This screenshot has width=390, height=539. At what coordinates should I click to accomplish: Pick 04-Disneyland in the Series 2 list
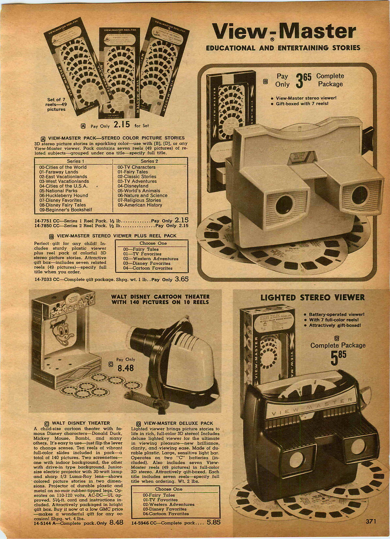coord(133,186)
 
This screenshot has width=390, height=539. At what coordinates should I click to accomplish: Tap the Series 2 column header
coord(150,161)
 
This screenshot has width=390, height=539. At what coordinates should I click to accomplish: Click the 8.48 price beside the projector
coord(125,368)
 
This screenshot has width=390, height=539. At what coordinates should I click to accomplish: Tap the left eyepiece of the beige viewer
coord(283,203)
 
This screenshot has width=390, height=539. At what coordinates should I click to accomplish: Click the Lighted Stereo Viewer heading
coord(312,297)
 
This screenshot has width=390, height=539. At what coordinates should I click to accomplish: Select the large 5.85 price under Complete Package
coord(338,359)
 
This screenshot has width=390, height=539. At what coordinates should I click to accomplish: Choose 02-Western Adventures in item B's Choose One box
coord(151,259)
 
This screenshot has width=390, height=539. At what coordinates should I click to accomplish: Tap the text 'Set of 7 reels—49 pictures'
coord(56,104)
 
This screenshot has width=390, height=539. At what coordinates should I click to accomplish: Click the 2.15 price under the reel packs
coord(122,125)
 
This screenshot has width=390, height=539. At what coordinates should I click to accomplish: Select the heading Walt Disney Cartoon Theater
coord(160,299)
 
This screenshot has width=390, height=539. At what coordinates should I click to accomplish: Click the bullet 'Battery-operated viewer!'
coord(337,314)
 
